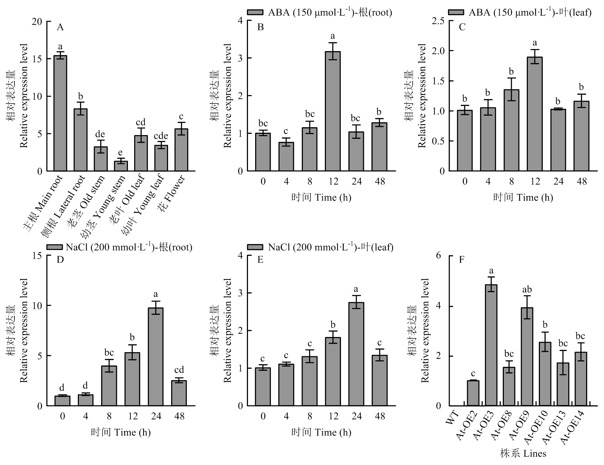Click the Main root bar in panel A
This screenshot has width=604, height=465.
(x=60, y=113)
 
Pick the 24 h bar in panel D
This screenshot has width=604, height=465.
(x=156, y=357)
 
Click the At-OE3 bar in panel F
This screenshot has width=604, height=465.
(x=491, y=345)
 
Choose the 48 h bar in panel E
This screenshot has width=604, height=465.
(x=380, y=380)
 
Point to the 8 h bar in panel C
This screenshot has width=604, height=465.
(x=511, y=130)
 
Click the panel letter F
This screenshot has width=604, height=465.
(x=462, y=260)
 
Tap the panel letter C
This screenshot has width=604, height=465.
(x=462, y=27)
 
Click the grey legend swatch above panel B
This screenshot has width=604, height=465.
(x=255, y=12)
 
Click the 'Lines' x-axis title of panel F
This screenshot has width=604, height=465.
(x=523, y=454)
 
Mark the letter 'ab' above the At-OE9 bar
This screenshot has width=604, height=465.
(x=527, y=290)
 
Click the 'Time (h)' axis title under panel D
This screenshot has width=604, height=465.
(x=121, y=432)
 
